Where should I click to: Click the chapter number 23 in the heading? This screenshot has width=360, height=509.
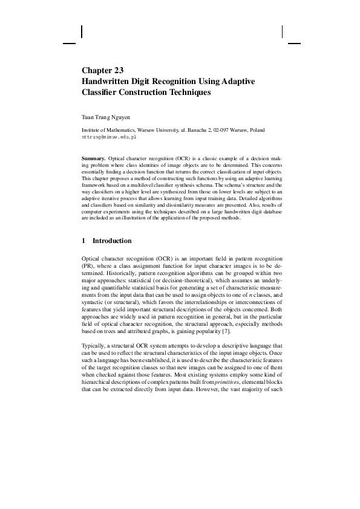pyautogui.click(x=117, y=70)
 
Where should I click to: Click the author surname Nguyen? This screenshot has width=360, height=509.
pyautogui.click(x=124, y=115)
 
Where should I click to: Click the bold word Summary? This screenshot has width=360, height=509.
pyautogui.click(x=93, y=158)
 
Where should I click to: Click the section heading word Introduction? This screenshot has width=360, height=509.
pyautogui.click(x=112, y=241)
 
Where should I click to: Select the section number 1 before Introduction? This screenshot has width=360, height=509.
pyautogui.click(x=83, y=241)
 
